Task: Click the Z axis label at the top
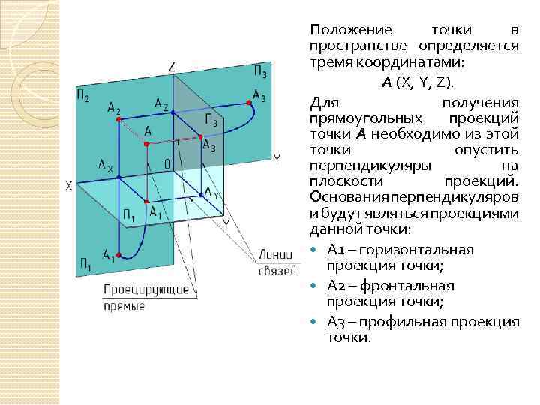pyautogui.click(x=172, y=67)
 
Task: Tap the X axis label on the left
pyautogui.click(x=69, y=185)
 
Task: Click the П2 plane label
pyautogui.click(x=83, y=95)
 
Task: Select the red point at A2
pyautogui.click(x=117, y=119)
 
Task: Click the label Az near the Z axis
pyautogui.click(x=161, y=103)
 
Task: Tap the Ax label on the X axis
pyautogui.click(x=105, y=166)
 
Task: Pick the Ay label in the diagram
pyautogui.click(x=212, y=193)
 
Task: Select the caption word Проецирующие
pyautogui.click(x=135, y=289)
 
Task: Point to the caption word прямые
pyautogui.click(x=124, y=306)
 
